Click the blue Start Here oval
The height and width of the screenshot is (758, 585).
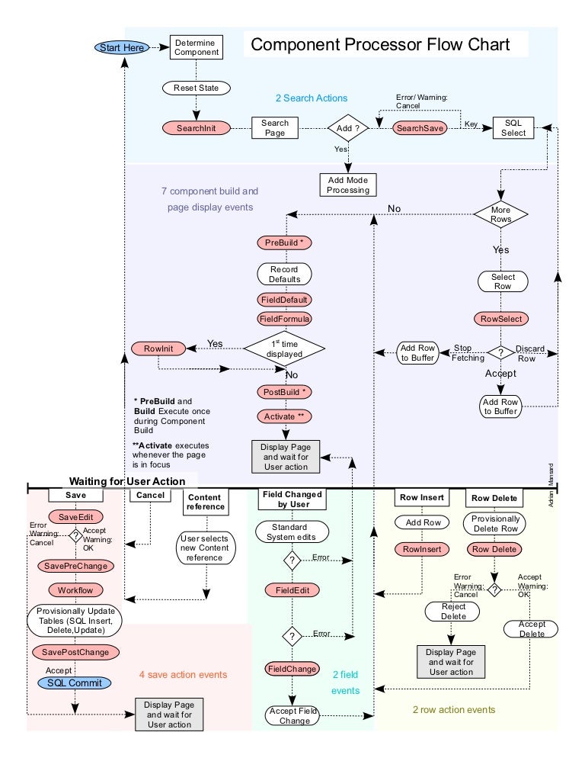coord(122,47)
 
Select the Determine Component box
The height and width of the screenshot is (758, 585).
coord(196,47)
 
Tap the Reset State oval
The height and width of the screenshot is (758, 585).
coord(196,88)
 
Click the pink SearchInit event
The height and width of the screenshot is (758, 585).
coord(196,128)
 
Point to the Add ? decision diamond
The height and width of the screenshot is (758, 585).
coord(348,128)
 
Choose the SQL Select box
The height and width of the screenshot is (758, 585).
coord(513,127)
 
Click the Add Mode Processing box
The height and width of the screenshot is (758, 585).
coord(348,185)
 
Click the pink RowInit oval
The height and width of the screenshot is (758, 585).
coord(158,348)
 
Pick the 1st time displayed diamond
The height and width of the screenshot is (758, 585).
coord(284,348)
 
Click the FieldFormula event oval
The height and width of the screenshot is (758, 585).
coord(284,319)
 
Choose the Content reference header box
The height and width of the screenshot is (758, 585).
coord(206,502)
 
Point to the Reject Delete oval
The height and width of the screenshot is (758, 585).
coord(452,611)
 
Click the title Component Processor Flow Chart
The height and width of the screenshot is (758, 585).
coord(380,44)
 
